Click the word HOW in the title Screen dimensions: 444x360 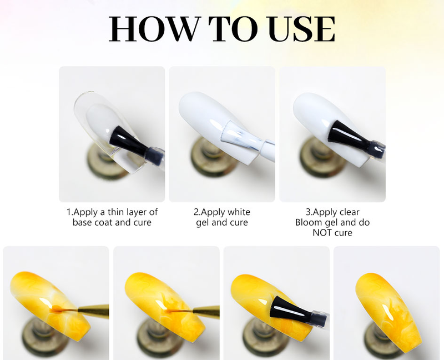(x=154, y=29)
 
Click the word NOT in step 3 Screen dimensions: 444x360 (x=322, y=233)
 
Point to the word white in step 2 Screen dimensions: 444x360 (x=239, y=212)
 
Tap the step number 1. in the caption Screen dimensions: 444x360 (x=70, y=212)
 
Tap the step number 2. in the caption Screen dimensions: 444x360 (x=197, y=212)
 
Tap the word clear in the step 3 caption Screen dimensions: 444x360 (x=350, y=212)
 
